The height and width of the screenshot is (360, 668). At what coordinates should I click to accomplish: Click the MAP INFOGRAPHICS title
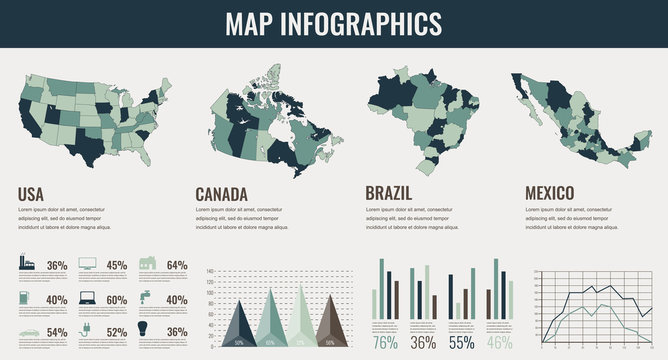(334, 23)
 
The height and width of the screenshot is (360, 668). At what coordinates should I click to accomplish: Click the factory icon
(28, 265)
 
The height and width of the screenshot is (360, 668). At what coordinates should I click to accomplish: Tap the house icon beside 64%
(146, 265)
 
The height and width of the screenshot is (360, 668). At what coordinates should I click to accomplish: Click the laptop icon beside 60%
(87, 298)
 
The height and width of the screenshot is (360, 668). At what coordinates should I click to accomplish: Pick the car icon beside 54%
(28, 331)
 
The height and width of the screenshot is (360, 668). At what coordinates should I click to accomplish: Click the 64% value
(177, 266)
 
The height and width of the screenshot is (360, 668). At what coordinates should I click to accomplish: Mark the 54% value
(57, 332)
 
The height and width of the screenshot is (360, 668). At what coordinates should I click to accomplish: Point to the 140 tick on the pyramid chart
(210, 272)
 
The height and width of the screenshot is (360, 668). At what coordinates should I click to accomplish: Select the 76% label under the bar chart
(385, 342)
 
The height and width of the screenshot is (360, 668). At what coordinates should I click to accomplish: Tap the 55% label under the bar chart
(461, 342)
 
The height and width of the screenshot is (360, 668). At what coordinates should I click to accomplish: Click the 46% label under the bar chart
(499, 342)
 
